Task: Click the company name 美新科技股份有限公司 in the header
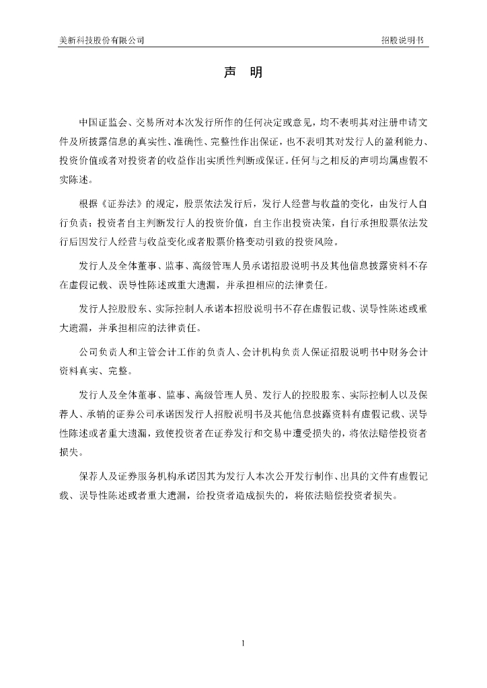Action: tap(102, 40)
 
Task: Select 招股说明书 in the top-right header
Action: tap(402, 40)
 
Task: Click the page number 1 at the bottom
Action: tap(243, 644)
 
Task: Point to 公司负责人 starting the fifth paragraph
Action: tap(102, 351)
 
